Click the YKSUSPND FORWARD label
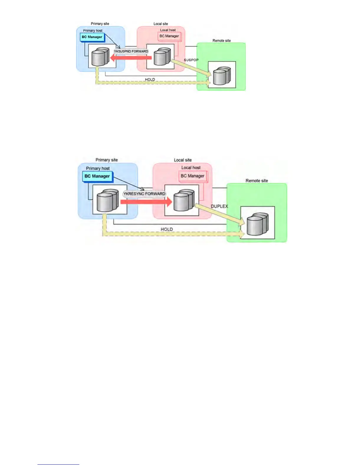(x=131, y=51)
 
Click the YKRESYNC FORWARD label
(x=144, y=194)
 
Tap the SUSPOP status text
(x=191, y=60)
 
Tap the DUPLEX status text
(x=219, y=206)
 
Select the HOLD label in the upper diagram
(x=150, y=80)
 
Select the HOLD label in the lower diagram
(x=167, y=229)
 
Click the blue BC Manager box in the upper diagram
(x=92, y=37)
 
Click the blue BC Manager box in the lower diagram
(x=97, y=176)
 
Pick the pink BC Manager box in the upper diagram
(x=169, y=36)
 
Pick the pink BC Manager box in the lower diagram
(x=193, y=176)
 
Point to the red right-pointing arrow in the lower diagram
(x=146, y=202)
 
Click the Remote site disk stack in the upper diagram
(x=221, y=76)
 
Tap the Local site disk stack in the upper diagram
(x=162, y=57)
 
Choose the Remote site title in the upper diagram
(x=221, y=41)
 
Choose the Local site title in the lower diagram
(x=183, y=160)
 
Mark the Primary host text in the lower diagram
(x=98, y=168)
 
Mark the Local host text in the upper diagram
(x=168, y=30)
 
